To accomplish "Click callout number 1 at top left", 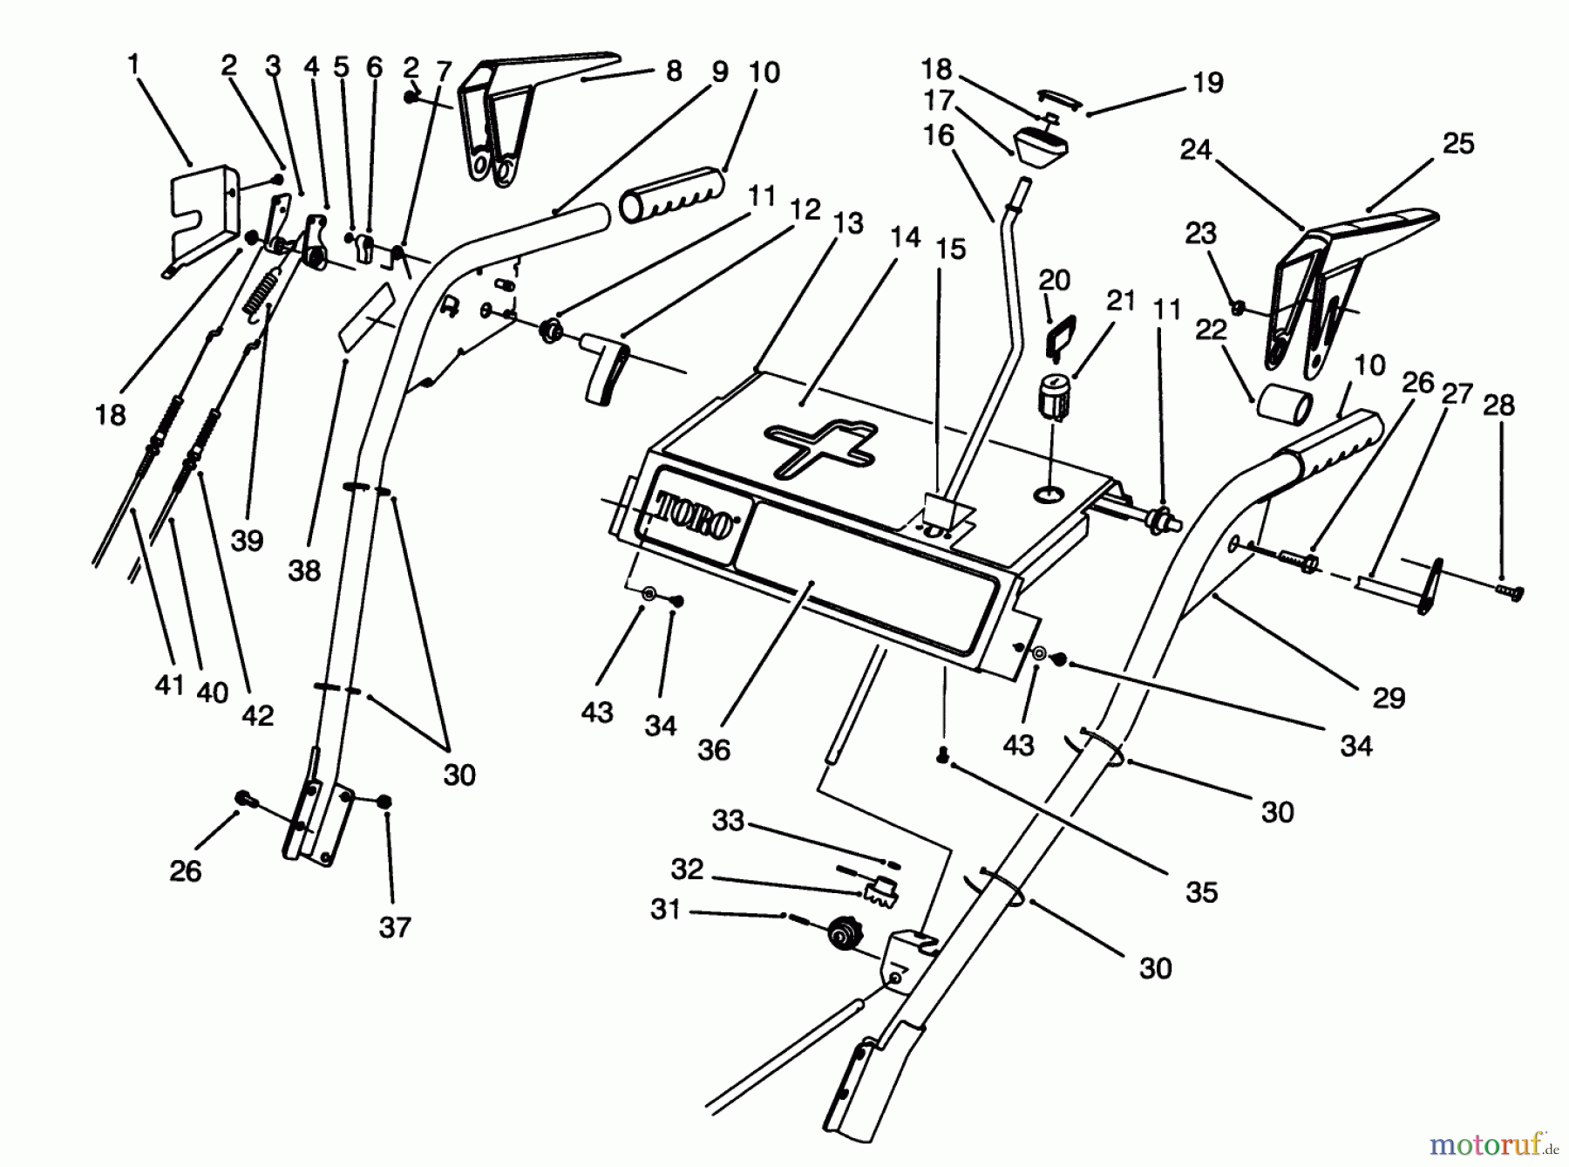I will [133, 64].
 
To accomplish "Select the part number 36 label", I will [714, 749].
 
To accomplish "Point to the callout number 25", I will [1458, 143].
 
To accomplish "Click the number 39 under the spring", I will [247, 540].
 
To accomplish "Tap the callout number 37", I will [394, 926].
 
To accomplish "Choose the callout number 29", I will [1389, 698].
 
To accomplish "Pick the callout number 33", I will [728, 821].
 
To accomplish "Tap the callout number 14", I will [906, 236].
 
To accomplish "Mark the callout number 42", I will [257, 715].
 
